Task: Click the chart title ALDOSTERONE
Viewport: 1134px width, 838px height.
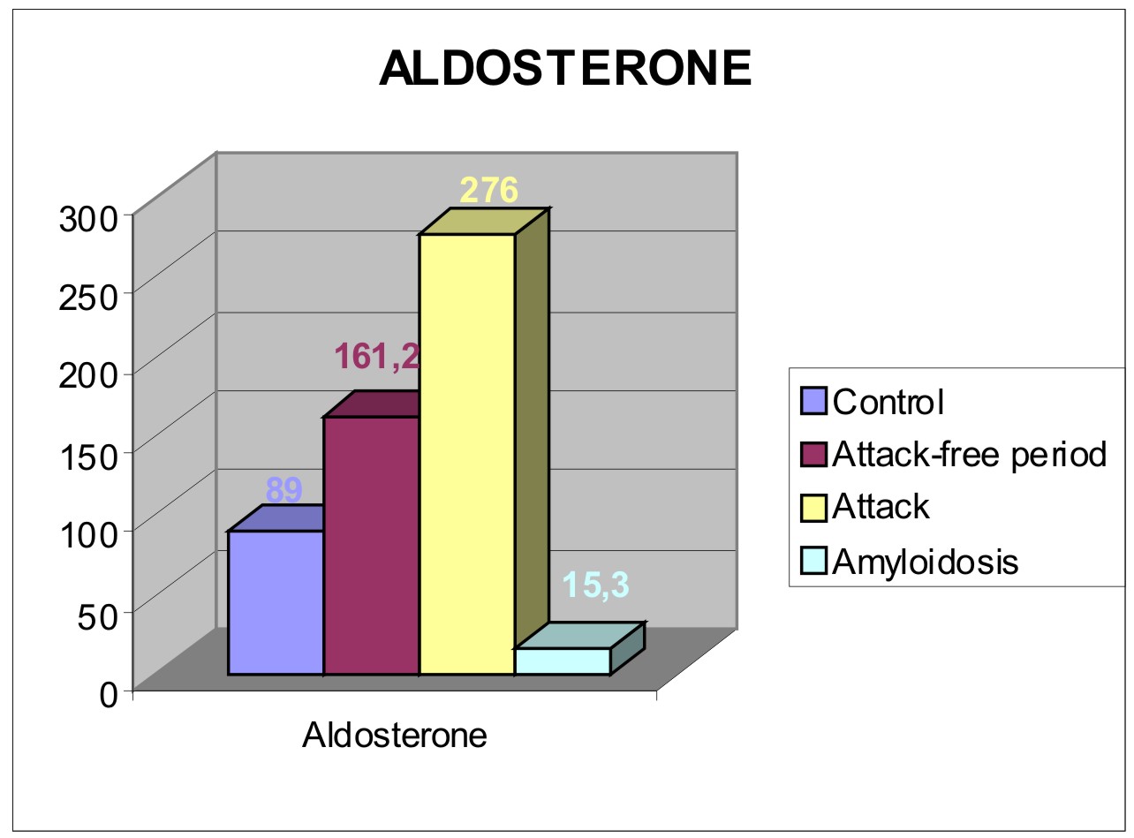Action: pyautogui.click(x=565, y=69)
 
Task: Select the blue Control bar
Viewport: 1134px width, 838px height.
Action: pyautogui.click(x=276, y=602)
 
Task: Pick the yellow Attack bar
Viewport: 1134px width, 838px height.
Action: pyautogui.click(x=467, y=454)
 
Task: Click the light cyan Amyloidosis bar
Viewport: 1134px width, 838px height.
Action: pyautogui.click(x=563, y=661)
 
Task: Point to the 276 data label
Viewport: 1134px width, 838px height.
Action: pyautogui.click(x=488, y=190)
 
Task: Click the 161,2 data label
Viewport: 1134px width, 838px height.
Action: pyautogui.click(x=377, y=357)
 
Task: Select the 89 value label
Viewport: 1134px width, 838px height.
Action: pyautogui.click(x=283, y=490)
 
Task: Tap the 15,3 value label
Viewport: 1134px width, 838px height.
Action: pyautogui.click(x=595, y=585)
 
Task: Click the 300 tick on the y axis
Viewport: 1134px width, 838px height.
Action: pyautogui.click(x=88, y=219)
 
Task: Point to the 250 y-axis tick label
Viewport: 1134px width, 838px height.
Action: pyautogui.click(x=88, y=298)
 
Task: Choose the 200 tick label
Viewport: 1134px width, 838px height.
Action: pyautogui.click(x=88, y=376)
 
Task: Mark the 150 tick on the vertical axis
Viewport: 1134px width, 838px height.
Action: pyautogui.click(x=88, y=456)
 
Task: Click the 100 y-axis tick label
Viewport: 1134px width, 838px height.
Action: pyautogui.click(x=88, y=535)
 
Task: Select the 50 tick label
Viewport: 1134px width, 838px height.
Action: pyautogui.click(x=98, y=616)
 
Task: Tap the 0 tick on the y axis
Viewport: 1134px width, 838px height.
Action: pyautogui.click(x=109, y=695)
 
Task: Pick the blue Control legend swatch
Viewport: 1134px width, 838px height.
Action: pyautogui.click(x=813, y=401)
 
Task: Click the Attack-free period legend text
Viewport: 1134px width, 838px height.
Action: pyautogui.click(x=970, y=454)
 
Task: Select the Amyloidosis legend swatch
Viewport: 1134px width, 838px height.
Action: pyautogui.click(x=813, y=561)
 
